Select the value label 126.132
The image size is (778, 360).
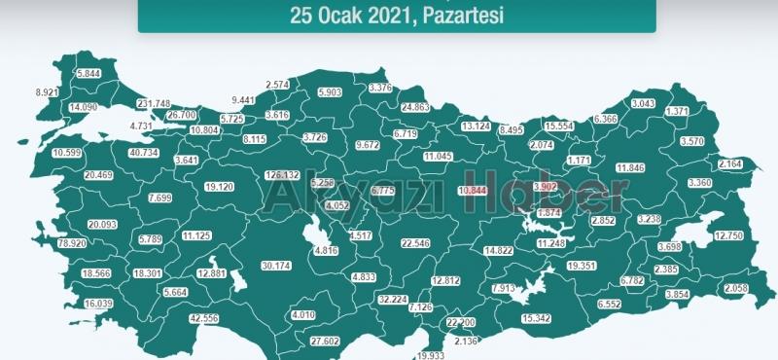[x=281, y=175]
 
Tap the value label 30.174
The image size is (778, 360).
[x=276, y=266]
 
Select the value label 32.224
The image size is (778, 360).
[x=393, y=300]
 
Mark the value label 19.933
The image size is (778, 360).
[x=423, y=356]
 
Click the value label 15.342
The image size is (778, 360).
[x=537, y=318]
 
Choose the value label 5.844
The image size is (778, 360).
[x=88, y=74]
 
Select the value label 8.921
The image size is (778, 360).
[x=48, y=91]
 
